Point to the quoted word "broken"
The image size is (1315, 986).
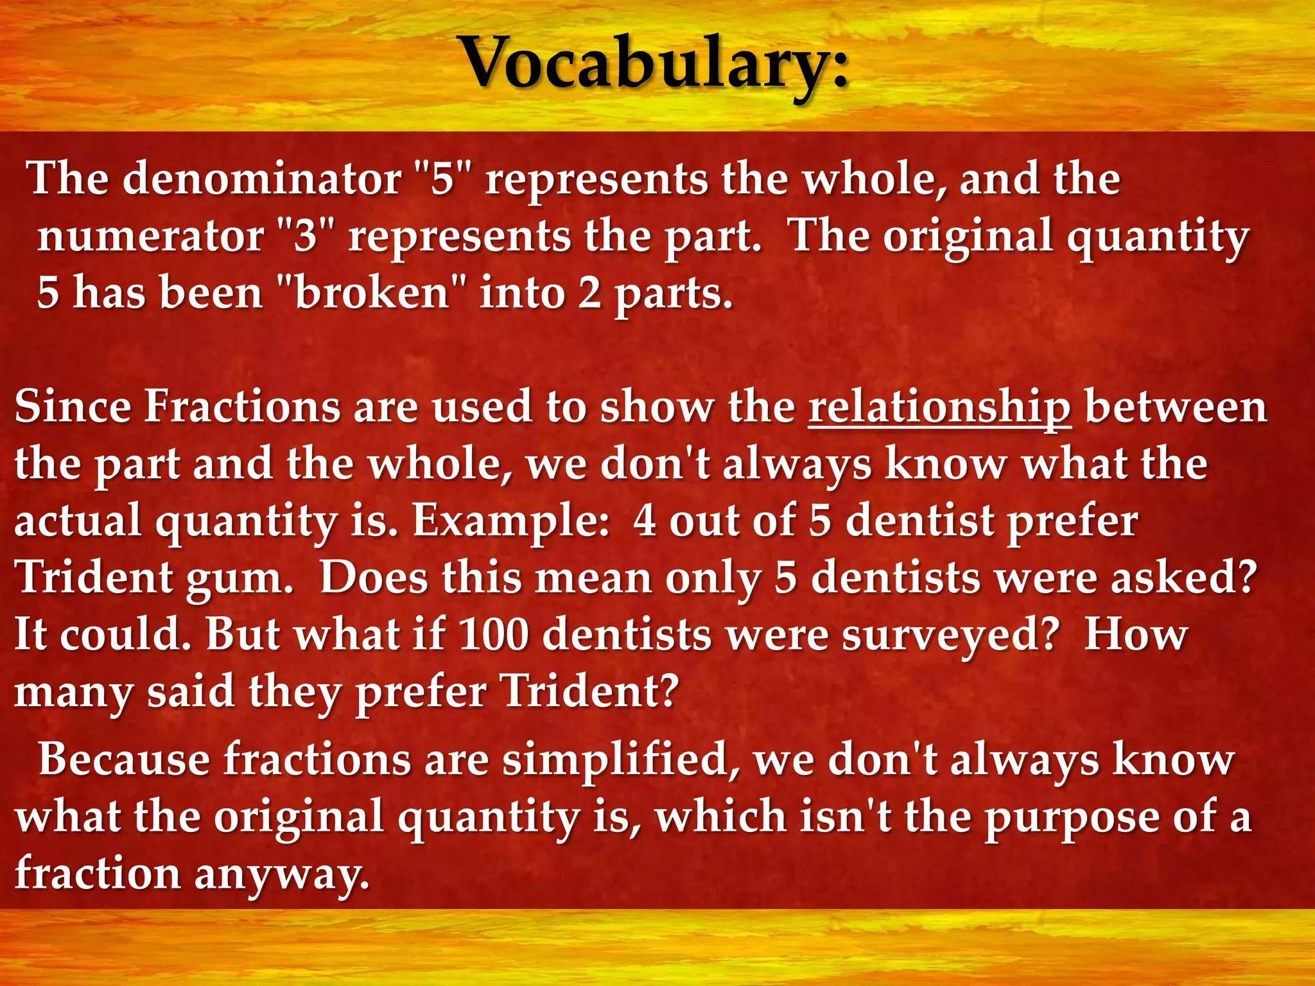click(x=372, y=293)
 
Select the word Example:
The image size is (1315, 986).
click(x=510, y=521)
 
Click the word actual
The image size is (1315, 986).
click(x=78, y=521)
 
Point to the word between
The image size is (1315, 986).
click(x=1176, y=407)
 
